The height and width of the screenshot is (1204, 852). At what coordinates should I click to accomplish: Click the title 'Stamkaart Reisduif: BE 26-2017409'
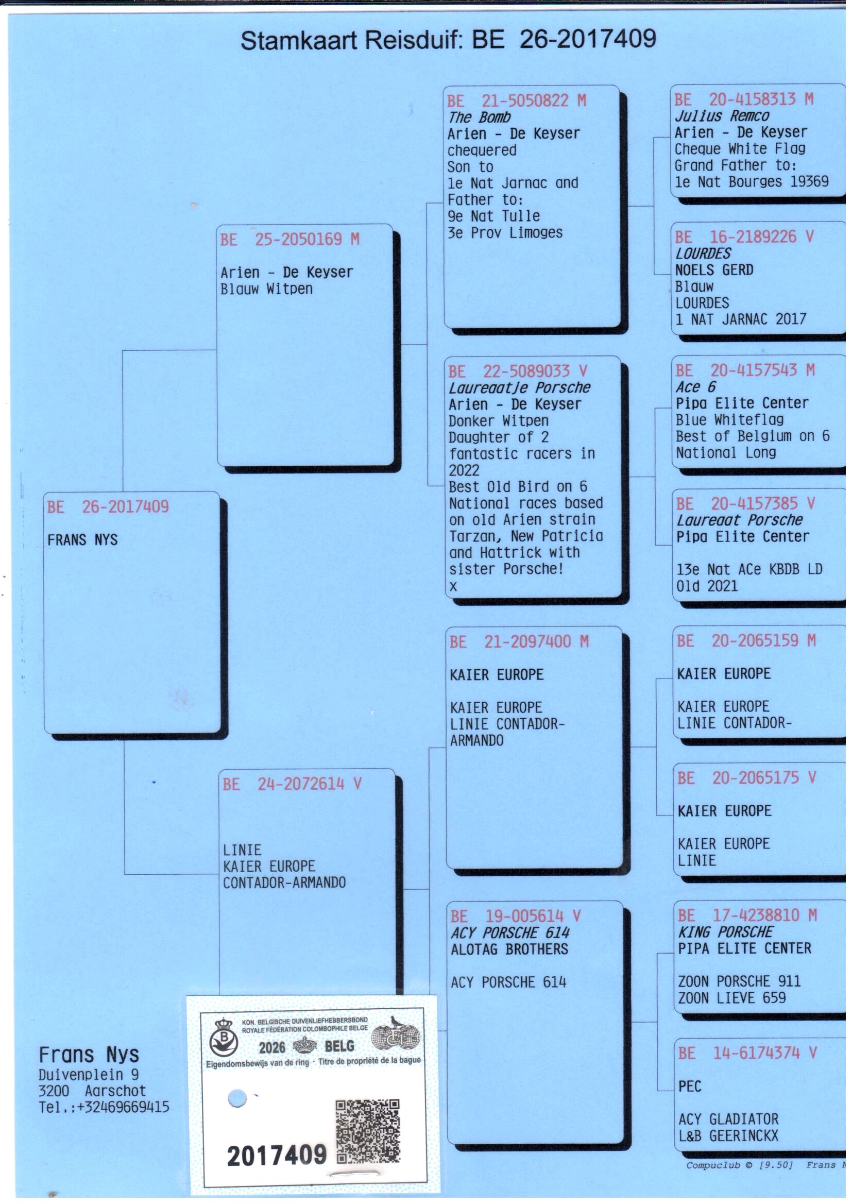pyautogui.click(x=448, y=40)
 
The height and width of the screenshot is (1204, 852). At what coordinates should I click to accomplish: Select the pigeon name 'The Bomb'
pyautogui.click(x=479, y=117)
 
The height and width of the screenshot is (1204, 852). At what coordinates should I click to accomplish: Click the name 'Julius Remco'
pyautogui.click(x=722, y=115)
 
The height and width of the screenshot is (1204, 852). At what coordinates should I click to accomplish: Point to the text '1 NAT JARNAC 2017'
pyautogui.click(x=740, y=319)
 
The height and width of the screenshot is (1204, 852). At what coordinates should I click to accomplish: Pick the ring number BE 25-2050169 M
pyautogui.click(x=289, y=239)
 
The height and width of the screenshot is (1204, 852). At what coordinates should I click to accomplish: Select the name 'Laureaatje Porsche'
pyautogui.click(x=519, y=388)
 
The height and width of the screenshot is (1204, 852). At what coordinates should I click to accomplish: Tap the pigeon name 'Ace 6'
pyautogui.click(x=695, y=387)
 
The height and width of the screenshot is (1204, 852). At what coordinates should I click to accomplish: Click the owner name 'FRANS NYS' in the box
pyautogui.click(x=82, y=540)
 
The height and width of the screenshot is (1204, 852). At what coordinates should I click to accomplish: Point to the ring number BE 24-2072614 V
pyautogui.click(x=292, y=784)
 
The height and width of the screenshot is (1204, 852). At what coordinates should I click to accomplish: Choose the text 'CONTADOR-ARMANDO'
pyautogui.click(x=284, y=883)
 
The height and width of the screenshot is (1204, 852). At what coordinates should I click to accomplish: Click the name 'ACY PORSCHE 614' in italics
pyautogui.click(x=510, y=934)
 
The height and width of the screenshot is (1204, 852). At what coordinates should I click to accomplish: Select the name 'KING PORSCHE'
pyautogui.click(x=726, y=932)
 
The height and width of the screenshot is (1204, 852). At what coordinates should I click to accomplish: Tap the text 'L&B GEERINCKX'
pyautogui.click(x=728, y=1136)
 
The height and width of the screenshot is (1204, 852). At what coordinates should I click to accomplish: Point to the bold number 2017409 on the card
pyautogui.click(x=277, y=1155)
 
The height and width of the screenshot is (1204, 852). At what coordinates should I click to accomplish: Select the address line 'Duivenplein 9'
pyautogui.click(x=89, y=1075)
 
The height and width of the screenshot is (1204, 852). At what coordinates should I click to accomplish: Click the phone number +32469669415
pyautogui.click(x=123, y=1108)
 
